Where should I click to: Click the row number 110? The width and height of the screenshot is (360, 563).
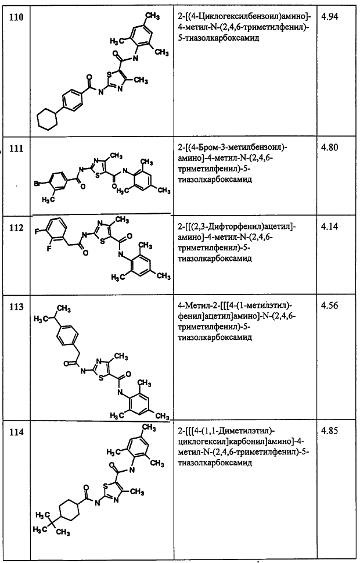point(16,17)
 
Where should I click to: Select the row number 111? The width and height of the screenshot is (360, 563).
point(16,148)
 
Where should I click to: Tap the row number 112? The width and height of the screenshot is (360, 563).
point(16,228)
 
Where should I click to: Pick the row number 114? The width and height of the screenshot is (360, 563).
point(16,432)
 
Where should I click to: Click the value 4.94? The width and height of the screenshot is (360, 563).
point(329,17)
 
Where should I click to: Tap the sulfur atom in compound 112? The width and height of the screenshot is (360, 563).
point(103,241)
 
